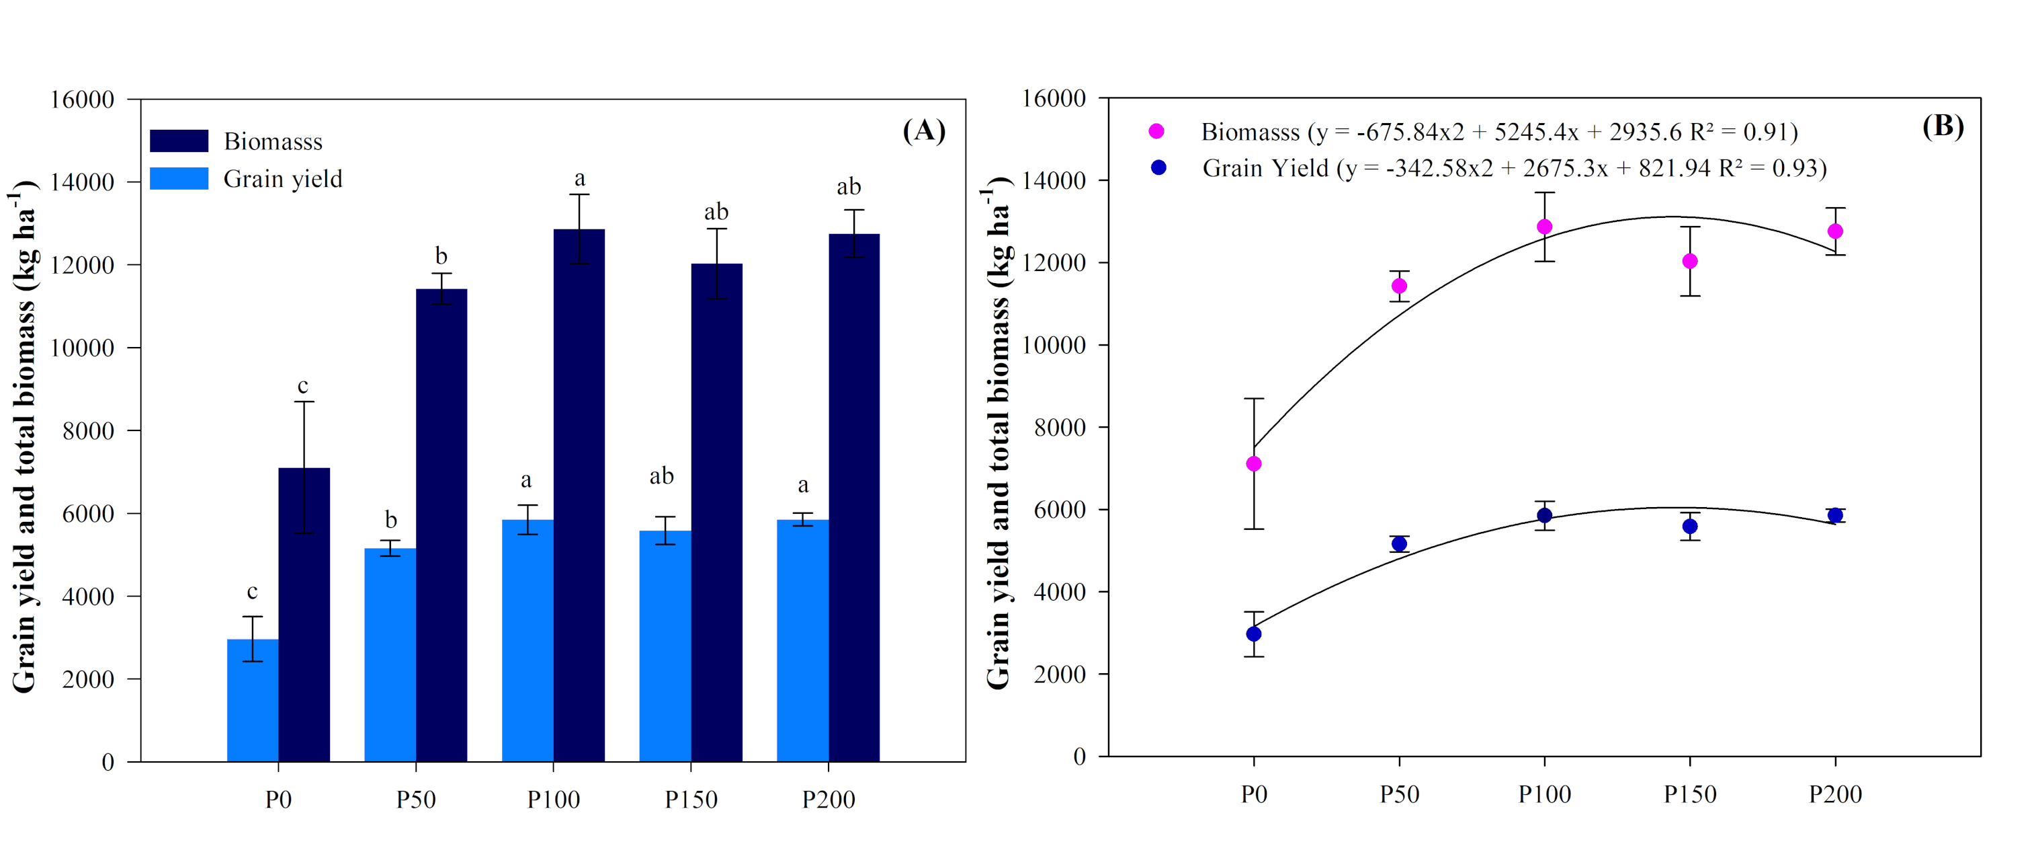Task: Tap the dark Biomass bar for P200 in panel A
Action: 853,497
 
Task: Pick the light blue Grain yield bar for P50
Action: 390,654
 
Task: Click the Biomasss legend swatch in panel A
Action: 179,141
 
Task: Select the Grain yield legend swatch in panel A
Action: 179,178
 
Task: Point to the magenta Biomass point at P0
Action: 1253,464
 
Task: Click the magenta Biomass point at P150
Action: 1690,261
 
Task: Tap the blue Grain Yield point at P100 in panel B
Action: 1545,515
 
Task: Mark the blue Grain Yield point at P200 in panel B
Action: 1835,515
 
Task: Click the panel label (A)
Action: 924,130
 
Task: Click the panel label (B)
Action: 1943,126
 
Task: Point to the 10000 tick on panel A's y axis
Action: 82,348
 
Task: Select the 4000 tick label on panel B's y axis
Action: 1054,592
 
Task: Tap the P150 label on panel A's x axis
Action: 691,800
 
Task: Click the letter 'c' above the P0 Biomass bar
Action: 303,386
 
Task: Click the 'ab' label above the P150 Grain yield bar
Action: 661,476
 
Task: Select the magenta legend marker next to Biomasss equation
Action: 1156,131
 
